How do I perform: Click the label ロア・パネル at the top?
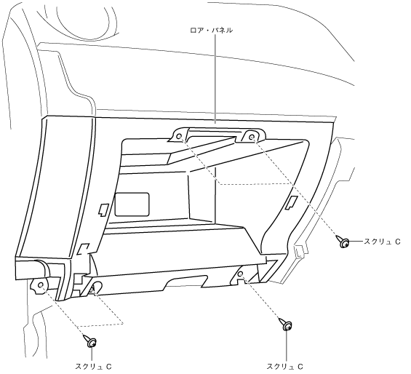211,31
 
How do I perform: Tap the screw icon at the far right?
343,242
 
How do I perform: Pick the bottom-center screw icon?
286,325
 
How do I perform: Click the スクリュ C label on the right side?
382,242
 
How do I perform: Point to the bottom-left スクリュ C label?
93,367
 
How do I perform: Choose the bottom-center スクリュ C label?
285,367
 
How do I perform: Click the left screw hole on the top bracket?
179,137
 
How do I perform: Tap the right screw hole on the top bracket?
252,137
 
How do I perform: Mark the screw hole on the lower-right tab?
240,274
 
